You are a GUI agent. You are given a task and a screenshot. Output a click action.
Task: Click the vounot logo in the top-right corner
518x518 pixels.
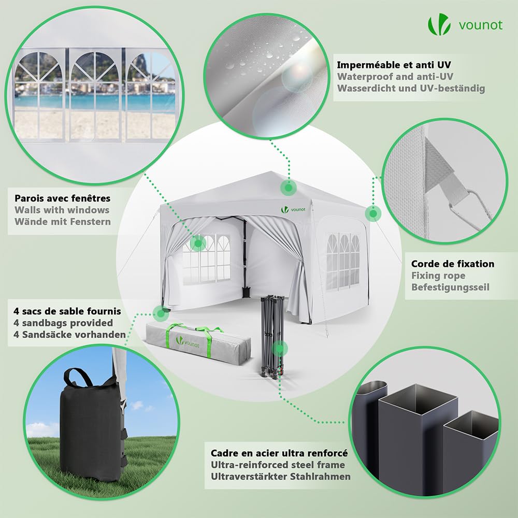pyautogui.click(x=465, y=24)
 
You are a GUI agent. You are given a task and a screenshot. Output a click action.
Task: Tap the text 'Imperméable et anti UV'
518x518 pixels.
pyautogui.click(x=394, y=65)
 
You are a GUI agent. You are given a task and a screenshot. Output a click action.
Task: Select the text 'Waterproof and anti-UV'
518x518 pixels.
pyautogui.click(x=395, y=77)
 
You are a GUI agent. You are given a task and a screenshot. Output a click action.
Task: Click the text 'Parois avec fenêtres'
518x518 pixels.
pyautogui.click(x=63, y=198)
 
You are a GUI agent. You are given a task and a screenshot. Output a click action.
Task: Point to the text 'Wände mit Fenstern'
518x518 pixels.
pyautogui.click(x=63, y=221)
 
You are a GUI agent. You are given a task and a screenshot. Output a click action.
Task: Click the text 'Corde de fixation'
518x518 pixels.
pyautogui.click(x=453, y=264)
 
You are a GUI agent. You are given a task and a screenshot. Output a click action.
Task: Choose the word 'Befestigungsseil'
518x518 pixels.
pyautogui.click(x=450, y=287)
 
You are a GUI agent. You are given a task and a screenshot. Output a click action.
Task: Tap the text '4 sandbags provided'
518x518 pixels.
pyautogui.click(x=63, y=323)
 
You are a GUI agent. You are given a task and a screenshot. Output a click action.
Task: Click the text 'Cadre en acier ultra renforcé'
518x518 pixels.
pyautogui.click(x=279, y=453)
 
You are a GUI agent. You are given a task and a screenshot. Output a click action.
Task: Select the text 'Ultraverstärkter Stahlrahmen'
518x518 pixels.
pyautogui.click(x=280, y=477)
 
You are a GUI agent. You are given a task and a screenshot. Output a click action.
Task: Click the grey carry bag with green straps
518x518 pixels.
pyautogui.click(x=198, y=344)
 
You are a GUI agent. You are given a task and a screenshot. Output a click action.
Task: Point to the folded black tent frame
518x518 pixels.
pyautogui.click(x=272, y=335)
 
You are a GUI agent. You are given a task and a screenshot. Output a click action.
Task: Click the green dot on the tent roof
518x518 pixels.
pyautogui.click(x=289, y=188)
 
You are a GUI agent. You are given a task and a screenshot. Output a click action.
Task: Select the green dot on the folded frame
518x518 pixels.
pyautogui.click(x=280, y=349)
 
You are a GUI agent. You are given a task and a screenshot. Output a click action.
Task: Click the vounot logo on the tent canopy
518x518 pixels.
pyautogui.click(x=293, y=209)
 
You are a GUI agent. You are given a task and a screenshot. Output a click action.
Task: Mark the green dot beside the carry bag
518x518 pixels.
pyautogui.click(x=161, y=313)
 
